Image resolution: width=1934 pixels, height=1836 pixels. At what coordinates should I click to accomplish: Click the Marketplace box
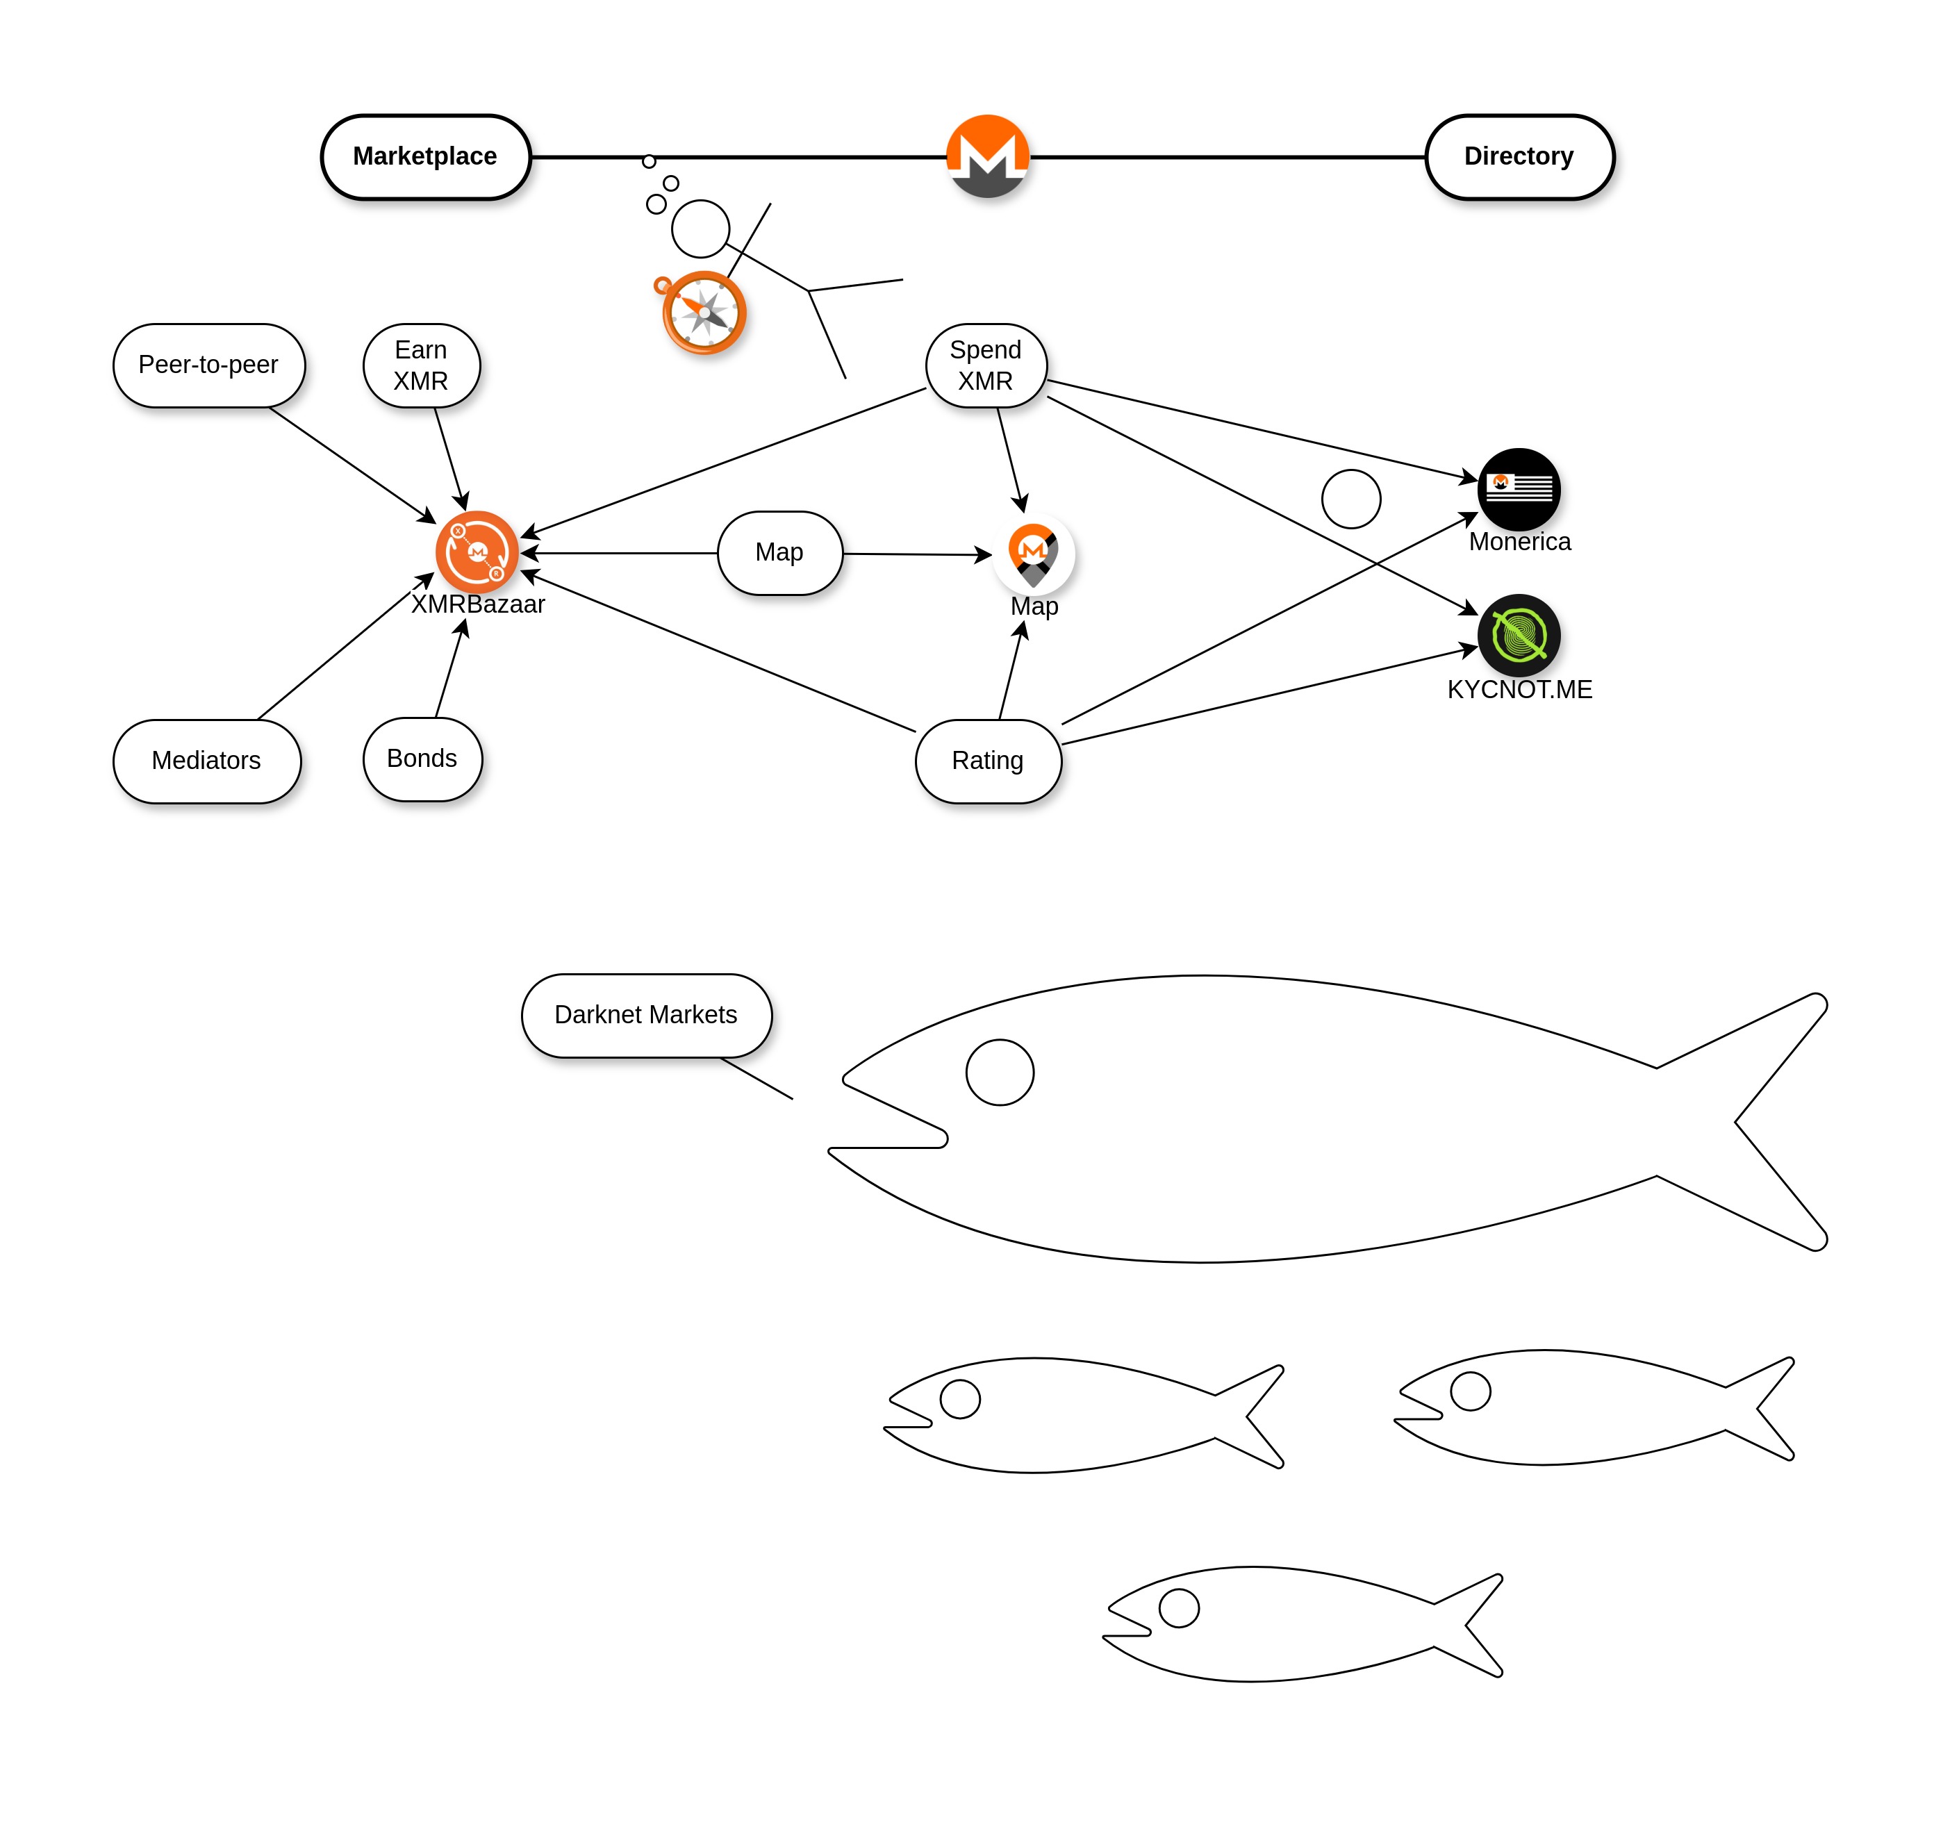pos(424,156)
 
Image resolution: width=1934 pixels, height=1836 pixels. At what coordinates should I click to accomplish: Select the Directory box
pos(1518,156)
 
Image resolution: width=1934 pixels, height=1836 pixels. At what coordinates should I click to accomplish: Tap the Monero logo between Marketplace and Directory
pos(988,156)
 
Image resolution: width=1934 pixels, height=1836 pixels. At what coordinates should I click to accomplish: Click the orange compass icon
pos(704,313)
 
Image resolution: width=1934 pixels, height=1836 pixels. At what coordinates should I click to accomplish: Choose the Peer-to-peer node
pos(208,365)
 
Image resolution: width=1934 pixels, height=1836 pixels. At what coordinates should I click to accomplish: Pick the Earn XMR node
pos(421,365)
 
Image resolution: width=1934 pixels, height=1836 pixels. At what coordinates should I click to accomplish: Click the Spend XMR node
pos(986,365)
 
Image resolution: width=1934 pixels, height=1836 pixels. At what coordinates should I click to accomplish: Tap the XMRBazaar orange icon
pos(477,552)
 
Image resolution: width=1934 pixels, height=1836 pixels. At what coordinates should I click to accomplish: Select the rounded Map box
pos(779,553)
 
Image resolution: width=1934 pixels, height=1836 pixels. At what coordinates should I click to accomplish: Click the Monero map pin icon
pos(1034,553)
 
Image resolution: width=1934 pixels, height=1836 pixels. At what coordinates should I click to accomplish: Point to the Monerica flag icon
pos(1519,488)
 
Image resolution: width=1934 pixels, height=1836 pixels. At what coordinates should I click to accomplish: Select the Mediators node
pos(206,761)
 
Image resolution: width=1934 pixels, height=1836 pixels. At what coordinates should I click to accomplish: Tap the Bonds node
pos(422,759)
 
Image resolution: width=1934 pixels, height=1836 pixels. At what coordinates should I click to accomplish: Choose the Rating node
pos(988,761)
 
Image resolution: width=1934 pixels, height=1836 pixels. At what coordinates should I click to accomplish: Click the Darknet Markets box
pos(646,1015)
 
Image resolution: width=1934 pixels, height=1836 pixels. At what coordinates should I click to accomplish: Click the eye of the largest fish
pos(999,1072)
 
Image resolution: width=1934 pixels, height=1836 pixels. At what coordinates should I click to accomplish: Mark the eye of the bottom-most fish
pos(1178,1608)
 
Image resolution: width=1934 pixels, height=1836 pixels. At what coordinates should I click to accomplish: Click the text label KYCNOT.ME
pos(1519,690)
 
